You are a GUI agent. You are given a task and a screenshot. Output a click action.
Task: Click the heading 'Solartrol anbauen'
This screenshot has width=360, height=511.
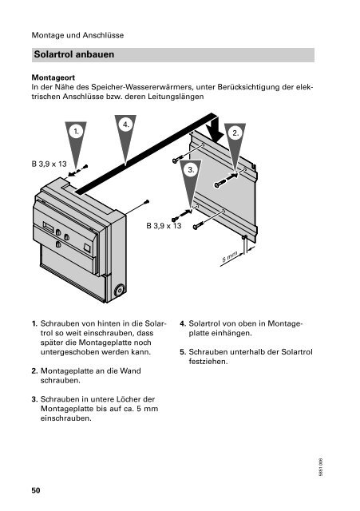coord(74,54)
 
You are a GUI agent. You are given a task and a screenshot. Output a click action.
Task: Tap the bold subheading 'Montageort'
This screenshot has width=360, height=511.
coord(53,77)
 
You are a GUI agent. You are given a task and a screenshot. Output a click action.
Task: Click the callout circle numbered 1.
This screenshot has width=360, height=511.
coord(76,132)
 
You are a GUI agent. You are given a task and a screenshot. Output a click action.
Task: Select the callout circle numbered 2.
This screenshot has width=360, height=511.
coord(235,133)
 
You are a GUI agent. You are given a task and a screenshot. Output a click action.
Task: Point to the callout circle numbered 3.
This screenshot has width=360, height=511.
coord(191,170)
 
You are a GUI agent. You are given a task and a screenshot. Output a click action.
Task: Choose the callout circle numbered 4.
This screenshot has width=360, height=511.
coord(126,125)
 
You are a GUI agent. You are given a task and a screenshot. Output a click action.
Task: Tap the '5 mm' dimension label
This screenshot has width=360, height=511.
coord(230,257)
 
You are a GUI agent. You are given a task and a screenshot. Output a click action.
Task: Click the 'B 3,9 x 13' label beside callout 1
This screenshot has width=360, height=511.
coord(49,164)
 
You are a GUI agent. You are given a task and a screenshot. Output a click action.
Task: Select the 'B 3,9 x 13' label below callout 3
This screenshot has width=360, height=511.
coord(164,225)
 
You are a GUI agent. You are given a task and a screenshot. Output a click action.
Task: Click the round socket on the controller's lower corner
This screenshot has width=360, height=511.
coord(119,290)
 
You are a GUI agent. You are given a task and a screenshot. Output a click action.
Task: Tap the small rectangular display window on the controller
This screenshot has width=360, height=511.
coord(48,226)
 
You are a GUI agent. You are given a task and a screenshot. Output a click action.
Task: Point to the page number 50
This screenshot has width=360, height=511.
coord(36,490)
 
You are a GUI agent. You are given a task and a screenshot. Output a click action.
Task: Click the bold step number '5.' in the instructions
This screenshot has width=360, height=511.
coord(183,352)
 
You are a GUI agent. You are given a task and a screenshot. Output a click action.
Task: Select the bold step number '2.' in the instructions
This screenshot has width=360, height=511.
coord(34,370)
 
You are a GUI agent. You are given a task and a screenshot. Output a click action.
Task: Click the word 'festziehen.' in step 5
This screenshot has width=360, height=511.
coord(208,362)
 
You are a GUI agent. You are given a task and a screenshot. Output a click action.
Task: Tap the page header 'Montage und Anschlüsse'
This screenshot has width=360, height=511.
coord(77,35)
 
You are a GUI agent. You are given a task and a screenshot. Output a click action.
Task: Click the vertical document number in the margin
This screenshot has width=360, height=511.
coord(321,468)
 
